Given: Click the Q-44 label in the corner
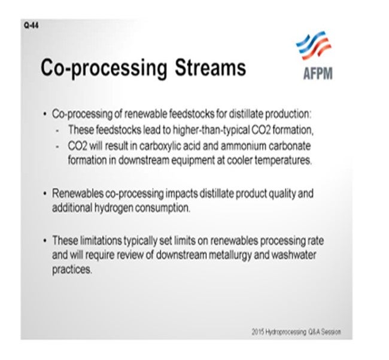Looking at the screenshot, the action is [x=32, y=25].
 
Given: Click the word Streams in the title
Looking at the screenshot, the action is [x=211, y=68].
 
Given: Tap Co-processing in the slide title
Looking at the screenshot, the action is [x=104, y=69].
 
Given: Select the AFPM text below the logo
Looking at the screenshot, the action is [x=318, y=74].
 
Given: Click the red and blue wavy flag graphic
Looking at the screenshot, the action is [x=314, y=45].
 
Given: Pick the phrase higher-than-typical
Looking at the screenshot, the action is [x=211, y=130].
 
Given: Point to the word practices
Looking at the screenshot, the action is [x=72, y=270].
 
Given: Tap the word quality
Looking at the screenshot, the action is [x=282, y=194].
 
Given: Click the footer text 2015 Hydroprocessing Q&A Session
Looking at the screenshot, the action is [x=296, y=332].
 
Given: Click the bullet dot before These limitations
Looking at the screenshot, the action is [x=45, y=240].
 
